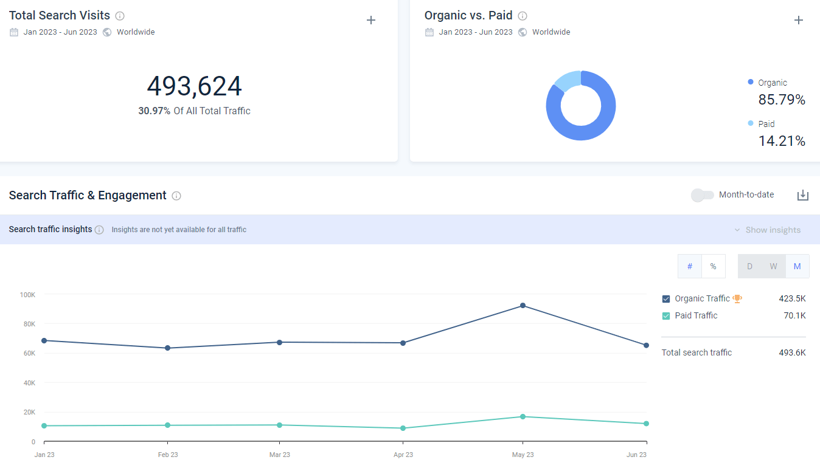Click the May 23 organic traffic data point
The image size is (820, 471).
523,305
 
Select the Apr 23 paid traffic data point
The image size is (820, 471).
403,428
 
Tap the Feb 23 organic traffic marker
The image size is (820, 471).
168,348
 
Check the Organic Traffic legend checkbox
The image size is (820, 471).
666,299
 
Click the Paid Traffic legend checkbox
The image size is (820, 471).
666,315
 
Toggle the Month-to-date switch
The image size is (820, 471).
702,195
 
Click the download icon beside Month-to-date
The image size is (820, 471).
802,195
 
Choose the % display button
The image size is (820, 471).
713,266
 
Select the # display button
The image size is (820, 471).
690,266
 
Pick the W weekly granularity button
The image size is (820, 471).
773,266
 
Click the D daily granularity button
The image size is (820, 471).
749,266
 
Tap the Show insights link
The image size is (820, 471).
773,230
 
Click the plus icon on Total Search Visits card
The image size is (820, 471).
371,20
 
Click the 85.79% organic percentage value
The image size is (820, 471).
782,100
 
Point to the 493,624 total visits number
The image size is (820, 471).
195,86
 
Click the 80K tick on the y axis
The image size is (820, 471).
29,324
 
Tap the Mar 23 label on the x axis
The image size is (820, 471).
280,455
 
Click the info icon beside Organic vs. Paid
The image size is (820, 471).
523,16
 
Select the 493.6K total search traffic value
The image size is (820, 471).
792,352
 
